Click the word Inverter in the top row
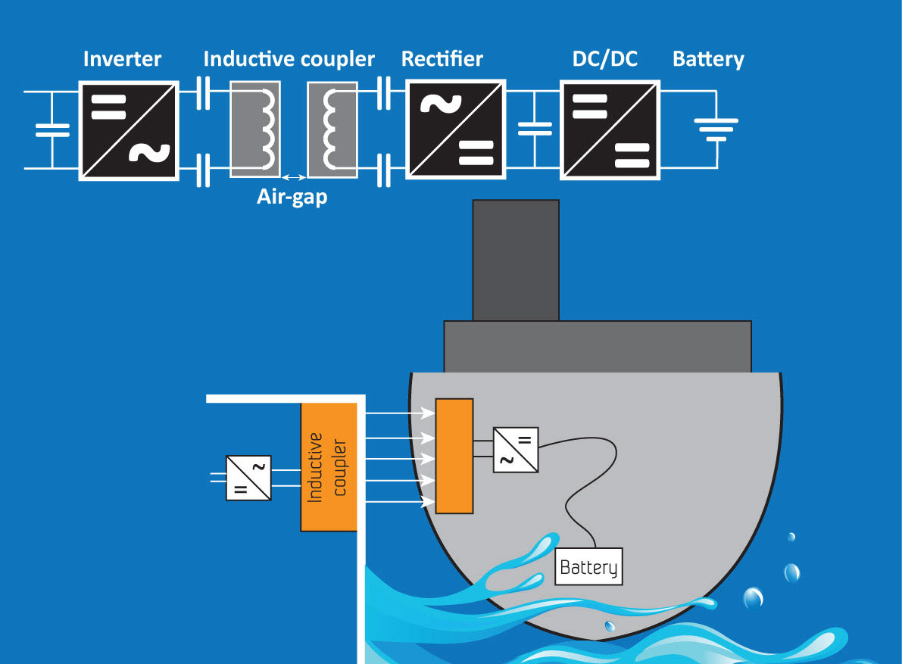tap(122, 59)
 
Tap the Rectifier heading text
tap(442, 59)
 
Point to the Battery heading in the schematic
tap(708, 59)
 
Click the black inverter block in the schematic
tap(130, 129)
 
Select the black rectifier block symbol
tap(456, 129)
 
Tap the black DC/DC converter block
tap(610, 129)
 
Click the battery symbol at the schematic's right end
tap(716, 129)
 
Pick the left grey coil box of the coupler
tap(255, 129)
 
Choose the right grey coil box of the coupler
tap(332, 129)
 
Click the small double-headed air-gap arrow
tap(293, 179)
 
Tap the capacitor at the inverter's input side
tap(51, 129)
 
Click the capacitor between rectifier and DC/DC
tap(535, 129)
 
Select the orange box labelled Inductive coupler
tap(329, 466)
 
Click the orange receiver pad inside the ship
tap(454, 455)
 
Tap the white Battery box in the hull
tap(589, 566)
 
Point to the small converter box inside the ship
tap(516, 450)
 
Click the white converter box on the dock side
tap(248, 478)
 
